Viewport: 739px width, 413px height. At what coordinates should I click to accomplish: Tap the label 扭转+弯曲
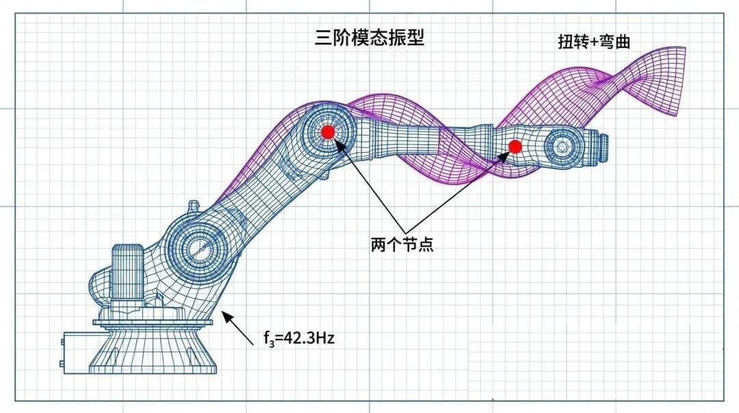[x=594, y=42]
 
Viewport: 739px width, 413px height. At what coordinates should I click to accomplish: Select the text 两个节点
[x=402, y=245]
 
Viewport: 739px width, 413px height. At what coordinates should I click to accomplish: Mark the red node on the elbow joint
[x=328, y=132]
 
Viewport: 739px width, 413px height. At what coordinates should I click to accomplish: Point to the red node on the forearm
[x=515, y=146]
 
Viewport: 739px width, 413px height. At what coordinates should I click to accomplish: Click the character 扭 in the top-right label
[x=566, y=42]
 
